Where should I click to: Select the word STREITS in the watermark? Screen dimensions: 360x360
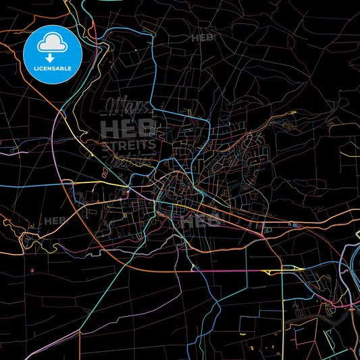pyautogui.click(x=129, y=145)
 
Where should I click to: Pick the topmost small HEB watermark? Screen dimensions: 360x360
pyautogui.click(x=203, y=38)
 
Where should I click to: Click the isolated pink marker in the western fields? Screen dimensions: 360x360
pyautogui.click(x=32, y=271)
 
